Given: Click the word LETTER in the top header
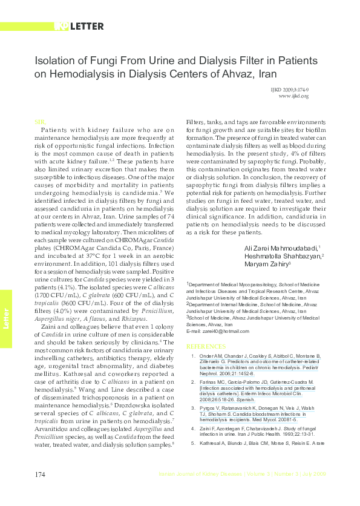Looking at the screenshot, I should (86, 26).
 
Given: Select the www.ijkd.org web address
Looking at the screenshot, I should (293, 96).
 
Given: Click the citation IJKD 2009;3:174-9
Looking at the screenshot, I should (290, 90).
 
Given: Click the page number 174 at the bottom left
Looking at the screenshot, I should (41, 491).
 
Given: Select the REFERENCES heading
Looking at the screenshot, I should (206, 346).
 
